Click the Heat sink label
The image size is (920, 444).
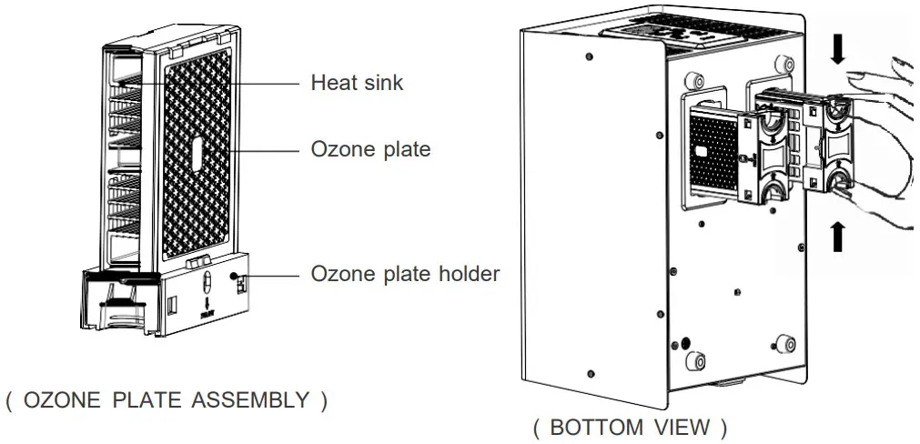point(357,83)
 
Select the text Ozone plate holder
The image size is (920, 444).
point(405,273)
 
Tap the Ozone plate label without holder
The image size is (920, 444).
point(370,148)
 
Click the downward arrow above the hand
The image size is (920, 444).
point(837,47)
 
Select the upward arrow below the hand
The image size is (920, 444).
point(837,236)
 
